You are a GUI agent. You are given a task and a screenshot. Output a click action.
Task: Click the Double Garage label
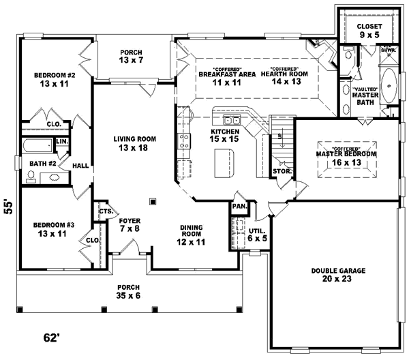coord(339,275)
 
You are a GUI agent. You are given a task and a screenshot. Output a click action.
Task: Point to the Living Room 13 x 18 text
coord(135,143)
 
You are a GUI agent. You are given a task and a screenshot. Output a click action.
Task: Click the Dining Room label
coord(192,233)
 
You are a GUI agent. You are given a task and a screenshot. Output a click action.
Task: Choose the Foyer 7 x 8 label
coord(130,224)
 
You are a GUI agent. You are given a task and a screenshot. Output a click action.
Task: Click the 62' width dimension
coord(52,337)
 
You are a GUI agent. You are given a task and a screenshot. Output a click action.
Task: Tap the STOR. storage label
coord(282,172)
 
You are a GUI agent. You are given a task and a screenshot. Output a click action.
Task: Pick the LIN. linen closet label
coord(61,141)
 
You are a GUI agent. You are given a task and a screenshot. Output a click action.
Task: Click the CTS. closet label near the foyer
coord(106,211)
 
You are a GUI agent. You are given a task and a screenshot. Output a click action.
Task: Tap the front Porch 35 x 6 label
coord(129,291)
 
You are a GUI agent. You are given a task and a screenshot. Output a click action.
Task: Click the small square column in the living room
coord(153,201)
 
